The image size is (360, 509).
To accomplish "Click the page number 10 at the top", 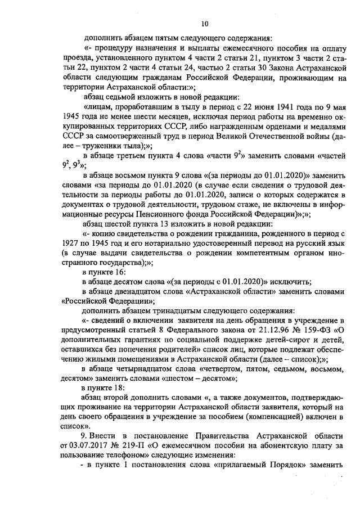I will click(x=204, y=23).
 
